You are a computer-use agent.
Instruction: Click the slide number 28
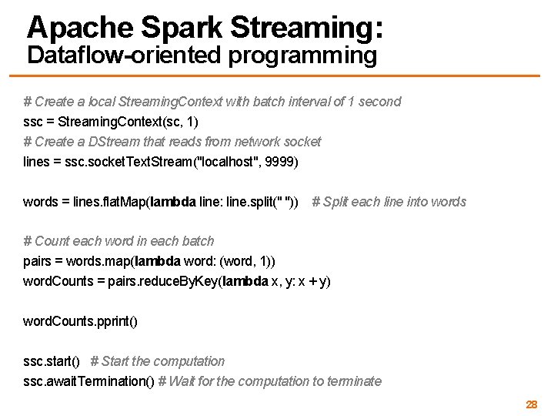(531, 404)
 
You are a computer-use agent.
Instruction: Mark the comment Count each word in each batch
(119, 241)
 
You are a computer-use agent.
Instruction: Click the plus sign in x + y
(314, 281)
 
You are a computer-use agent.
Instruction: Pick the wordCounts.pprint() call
(81, 321)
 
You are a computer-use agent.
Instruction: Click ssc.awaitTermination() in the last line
(89, 381)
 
